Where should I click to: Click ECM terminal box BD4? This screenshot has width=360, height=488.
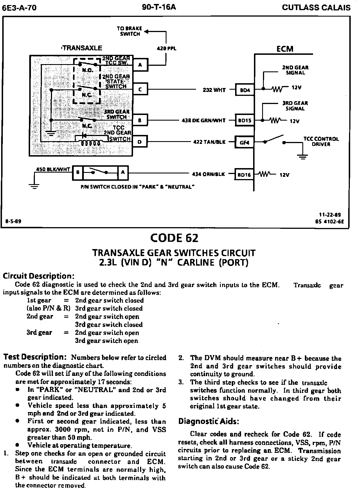coord(245,90)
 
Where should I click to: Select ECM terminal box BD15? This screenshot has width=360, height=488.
coord(245,121)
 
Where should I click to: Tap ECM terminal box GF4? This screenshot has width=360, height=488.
coord(245,142)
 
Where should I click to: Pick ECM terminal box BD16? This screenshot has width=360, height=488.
coord(244,175)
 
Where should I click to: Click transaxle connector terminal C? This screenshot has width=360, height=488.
coord(140,90)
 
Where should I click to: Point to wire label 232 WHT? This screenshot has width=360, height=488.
coord(214,90)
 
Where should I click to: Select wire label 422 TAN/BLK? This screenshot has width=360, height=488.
coord(210,142)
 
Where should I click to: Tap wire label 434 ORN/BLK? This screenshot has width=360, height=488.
coord(208,174)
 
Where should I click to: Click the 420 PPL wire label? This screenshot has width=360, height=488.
coord(166,49)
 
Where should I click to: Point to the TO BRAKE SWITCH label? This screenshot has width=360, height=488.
coord(130,31)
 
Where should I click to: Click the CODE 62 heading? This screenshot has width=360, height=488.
coord(174,238)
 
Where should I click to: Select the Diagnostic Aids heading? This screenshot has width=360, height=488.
coord(209,421)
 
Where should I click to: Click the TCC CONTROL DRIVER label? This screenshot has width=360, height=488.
coord(321,141)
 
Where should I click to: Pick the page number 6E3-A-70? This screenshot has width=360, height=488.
coord(19,8)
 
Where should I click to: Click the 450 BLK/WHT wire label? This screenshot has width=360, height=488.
coord(53,169)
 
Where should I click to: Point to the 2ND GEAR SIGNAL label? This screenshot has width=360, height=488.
coord(295,70)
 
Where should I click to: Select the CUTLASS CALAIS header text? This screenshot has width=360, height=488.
coord(316,8)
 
